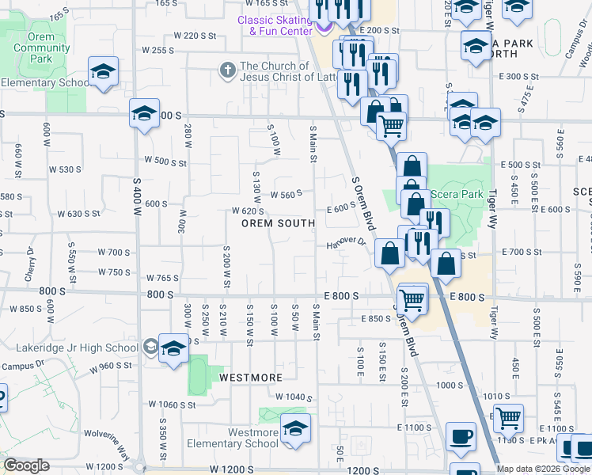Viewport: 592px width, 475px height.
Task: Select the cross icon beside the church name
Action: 227,70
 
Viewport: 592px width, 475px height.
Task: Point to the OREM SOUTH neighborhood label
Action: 279,224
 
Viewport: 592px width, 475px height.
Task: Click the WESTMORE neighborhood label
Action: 251,378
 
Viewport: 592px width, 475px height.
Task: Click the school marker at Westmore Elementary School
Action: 296,428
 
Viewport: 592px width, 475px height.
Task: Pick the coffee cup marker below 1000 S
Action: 460,436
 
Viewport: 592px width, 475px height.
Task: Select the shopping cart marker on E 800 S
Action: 412,299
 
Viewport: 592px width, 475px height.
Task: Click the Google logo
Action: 26,465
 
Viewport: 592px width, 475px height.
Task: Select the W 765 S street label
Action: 162,278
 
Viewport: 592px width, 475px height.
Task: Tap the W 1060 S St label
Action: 173,405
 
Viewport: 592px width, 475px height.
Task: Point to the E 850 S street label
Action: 374,319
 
